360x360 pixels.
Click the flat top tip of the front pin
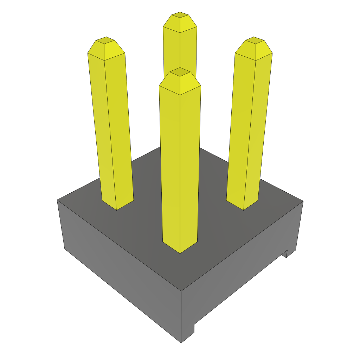(180, 72)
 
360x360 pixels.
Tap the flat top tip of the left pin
(105, 40)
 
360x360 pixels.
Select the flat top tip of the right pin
(255, 40)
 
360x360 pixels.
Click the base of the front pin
(180, 246)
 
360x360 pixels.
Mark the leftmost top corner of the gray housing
(57, 200)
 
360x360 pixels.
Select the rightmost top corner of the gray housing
(303, 201)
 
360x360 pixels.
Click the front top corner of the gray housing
(181, 290)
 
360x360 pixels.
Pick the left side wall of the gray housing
(120, 271)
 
